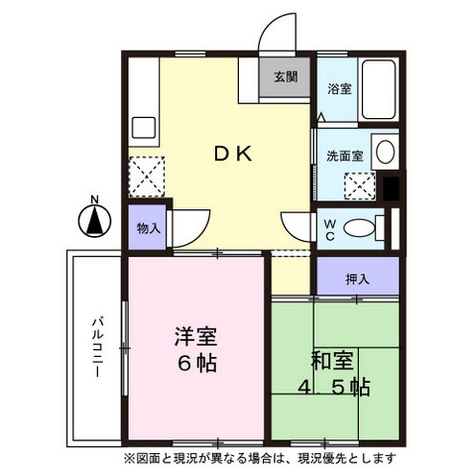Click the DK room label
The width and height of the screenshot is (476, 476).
pyautogui.click(x=235, y=154)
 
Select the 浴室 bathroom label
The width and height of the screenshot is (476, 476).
pyautogui.click(x=339, y=89)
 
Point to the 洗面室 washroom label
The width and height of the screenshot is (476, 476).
pyautogui.click(x=344, y=156)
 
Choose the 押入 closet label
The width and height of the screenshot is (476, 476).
pyautogui.click(x=357, y=280)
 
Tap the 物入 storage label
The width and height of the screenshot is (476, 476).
pyautogui.click(x=145, y=228)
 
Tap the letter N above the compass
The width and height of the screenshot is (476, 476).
pyautogui.click(x=94, y=200)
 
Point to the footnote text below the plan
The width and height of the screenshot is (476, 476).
pyautogui.click(x=259, y=458)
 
